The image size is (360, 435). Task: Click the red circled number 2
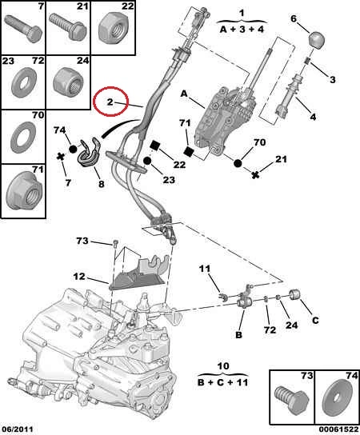coord(110,102)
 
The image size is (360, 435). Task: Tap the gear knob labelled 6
coord(317,40)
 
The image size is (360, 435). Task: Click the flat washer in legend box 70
coord(24,137)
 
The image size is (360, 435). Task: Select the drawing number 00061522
coord(338,429)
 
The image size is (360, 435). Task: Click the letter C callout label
coord(315,321)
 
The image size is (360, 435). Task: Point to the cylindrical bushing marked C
coord(294,294)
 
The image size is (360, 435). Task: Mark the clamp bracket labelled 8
coord(87,153)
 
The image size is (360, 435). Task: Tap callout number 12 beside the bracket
coord(79,277)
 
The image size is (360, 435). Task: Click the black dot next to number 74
coord(73,150)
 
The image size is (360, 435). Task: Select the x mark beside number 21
coord(256,175)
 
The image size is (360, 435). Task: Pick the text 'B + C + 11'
coord(222,382)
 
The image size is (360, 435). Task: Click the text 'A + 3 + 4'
coord(242,29)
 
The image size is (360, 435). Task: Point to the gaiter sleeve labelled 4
coord(287,95)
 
